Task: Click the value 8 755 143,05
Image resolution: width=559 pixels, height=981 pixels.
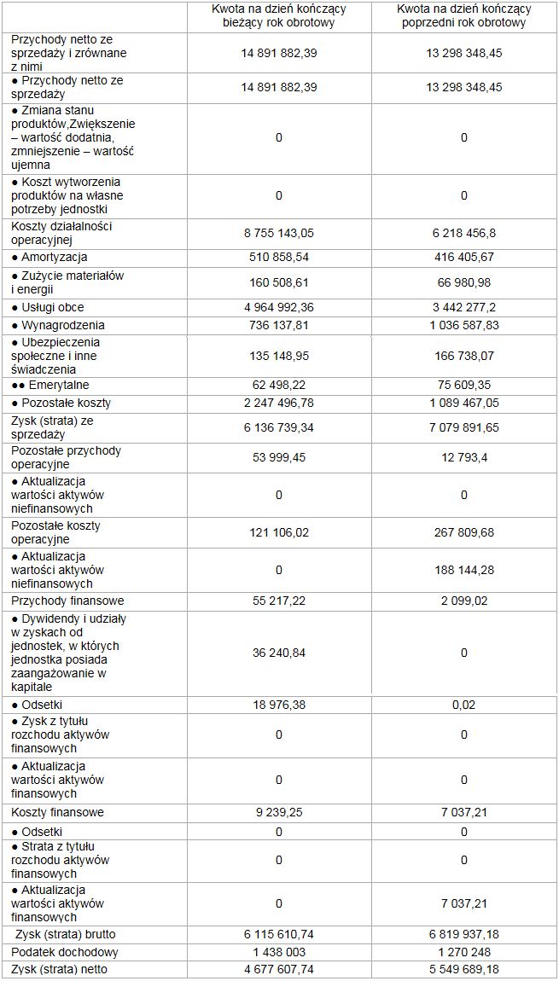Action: pyautogui.click(x=279, y=232)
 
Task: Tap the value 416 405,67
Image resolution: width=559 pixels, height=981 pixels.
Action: pyautogui.click(x=463, y=257)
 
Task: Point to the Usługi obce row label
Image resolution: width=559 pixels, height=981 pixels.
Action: pyautogui.click(x=48, y=307)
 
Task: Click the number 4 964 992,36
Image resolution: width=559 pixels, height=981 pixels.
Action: pyautogui.click(x=279, y=307)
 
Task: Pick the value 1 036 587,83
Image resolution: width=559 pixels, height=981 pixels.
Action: pyautogui.click(x=463, y=325)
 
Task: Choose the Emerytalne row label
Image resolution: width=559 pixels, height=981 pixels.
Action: pyautogui.click(x=52, y=385)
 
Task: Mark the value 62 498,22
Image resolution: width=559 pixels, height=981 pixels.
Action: pyautogui.click(x=279, y=385)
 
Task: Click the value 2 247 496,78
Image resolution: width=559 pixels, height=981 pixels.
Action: pyautogui.click(x=279, y=403)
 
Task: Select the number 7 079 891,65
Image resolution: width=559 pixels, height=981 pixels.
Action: pyautogui.click(x=463, y=427)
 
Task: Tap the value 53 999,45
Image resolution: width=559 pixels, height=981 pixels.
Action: pyautogui.click(x=279, y=457)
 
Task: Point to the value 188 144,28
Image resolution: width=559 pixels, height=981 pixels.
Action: pyautogui.click(x=463, y=570)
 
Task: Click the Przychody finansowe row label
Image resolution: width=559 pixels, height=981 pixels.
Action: pyautogui.click(x=67, y=601)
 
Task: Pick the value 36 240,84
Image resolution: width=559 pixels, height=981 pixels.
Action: pyautogui.click(x=279, y=653)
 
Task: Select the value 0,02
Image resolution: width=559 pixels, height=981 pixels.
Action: pyautogui.click(x=463, y=705)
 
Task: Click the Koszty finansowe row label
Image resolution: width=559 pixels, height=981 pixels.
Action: pyautogui.click(x=58, y=812)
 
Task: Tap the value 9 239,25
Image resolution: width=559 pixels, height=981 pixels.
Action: pyautogui.click(x=279, y=812)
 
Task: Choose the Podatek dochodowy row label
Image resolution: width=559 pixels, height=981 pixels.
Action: pyautogui.click(x=65, y=952)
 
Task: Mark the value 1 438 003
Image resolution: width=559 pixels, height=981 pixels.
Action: pyautogui.click(x=279, y=952)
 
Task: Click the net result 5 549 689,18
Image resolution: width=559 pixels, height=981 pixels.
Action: pyautogui.click(x=463, y=969)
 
